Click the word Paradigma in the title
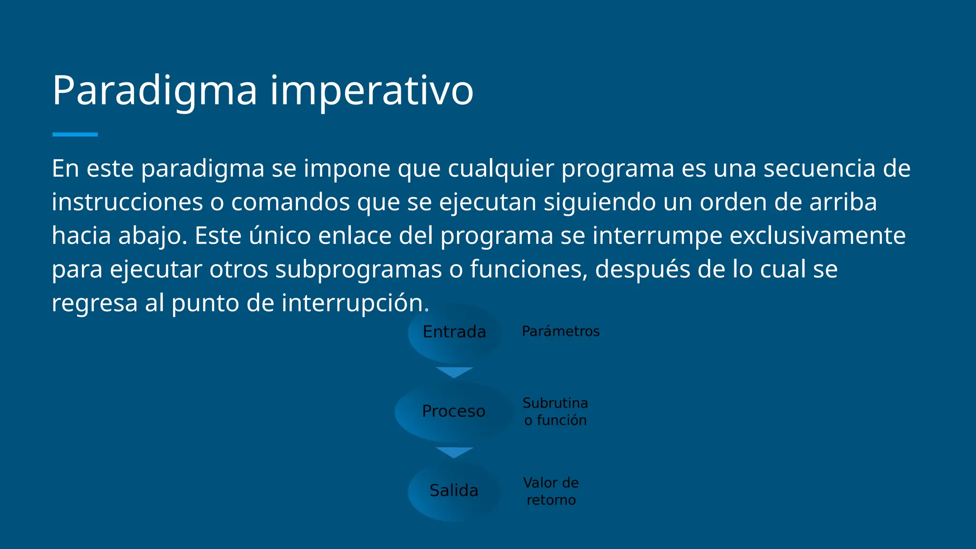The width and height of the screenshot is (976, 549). coord(155,91)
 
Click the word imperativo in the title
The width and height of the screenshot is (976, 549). coord(372,91)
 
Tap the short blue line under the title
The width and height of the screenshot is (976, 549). coord(75,135)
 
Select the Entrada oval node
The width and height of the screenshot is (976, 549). coord(454,332)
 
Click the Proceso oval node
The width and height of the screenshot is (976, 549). coord(453,411)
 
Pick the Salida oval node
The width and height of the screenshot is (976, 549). coord(454,491)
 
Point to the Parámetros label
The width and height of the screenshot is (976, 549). coord(560,331)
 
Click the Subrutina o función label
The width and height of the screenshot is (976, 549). coord(555,412)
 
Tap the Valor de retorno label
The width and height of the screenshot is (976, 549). coord(551,491)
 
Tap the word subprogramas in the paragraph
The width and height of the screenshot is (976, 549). coord(358,270)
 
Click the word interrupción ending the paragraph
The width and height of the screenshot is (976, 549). coord(355,303)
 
